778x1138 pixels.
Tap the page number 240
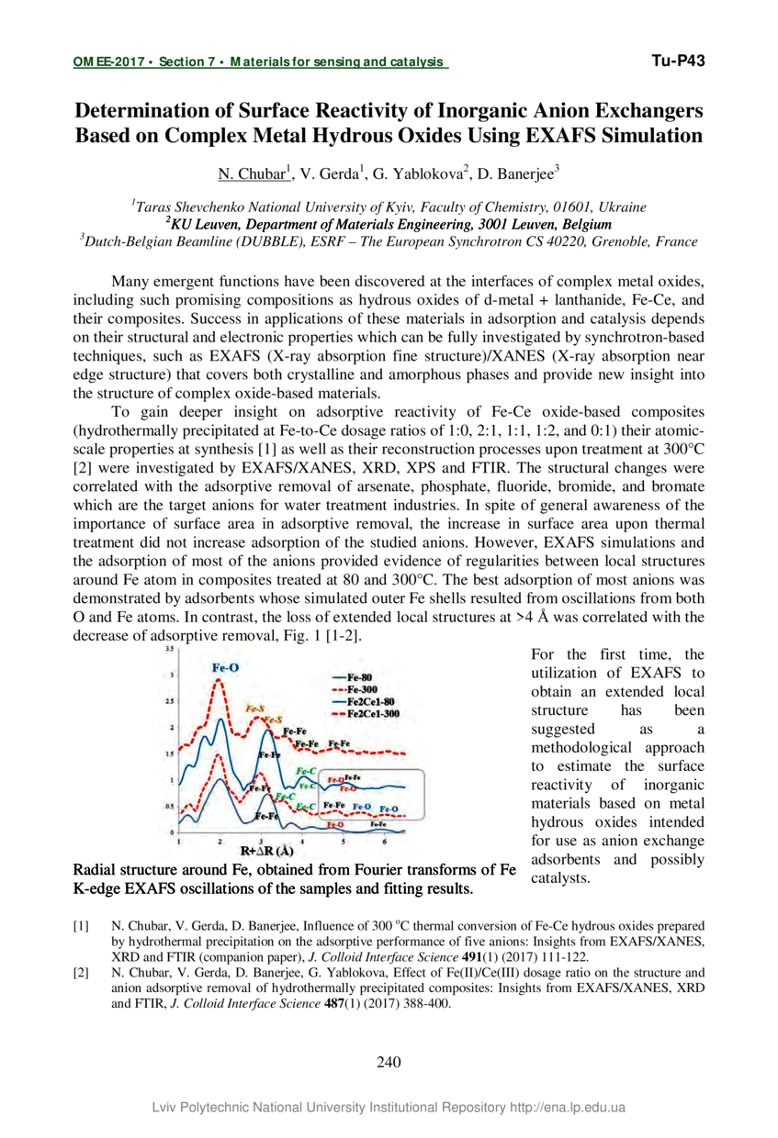389,1063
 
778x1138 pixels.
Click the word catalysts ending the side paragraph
560,877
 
